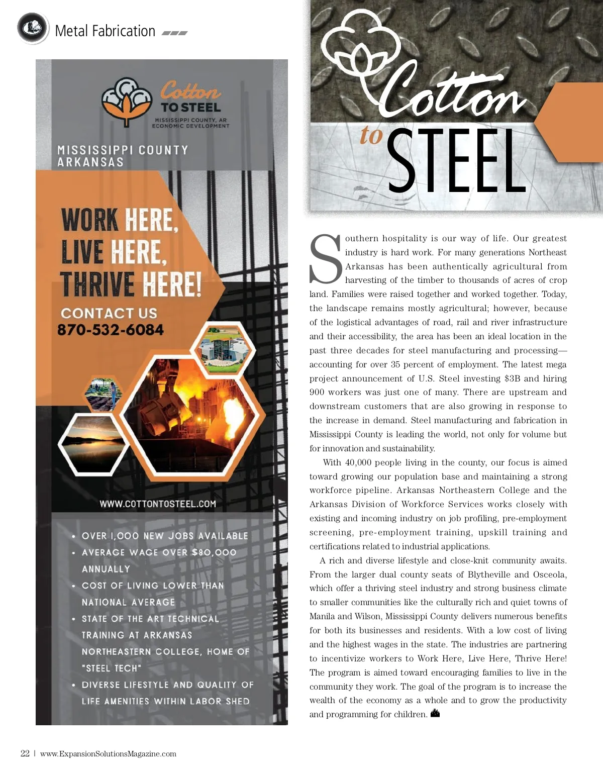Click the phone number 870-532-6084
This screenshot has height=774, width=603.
pyautogui.click(x=111, y=330)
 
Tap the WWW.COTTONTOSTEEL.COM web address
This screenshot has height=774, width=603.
pyautogui.click(x=158, y=504)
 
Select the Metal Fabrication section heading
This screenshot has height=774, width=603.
pyautogui.click(x=105, y=31)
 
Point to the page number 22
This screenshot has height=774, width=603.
pyautogui.click(x=25, y=753)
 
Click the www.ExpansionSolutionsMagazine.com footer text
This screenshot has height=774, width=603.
pyautogui.click(x=108, y=753)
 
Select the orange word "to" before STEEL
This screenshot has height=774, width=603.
pyautogui.click(x=371, y=135)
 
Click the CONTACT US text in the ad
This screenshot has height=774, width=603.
pyautogui.click(x=109, y=313)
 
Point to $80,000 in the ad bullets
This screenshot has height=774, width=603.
pyautogui.click(x=214, y=552)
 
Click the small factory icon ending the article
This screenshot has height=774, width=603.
pyautogui.click(x=435, y=713)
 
